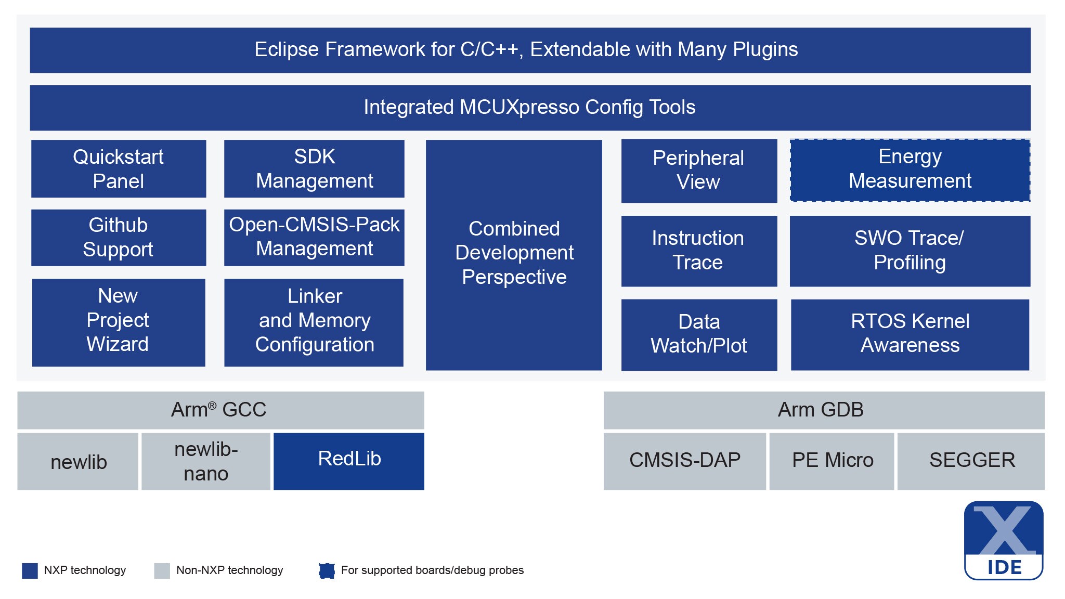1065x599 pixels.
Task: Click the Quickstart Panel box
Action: pyautogui.click(x=119, y=168)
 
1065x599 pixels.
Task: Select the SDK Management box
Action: pyautogui.click(x=314, y=168)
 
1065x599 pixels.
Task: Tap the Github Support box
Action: pyautogui.click(x=119, y=238)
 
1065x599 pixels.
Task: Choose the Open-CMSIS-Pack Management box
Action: pyautogui.click(x=314, y=238)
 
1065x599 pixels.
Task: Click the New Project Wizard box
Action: pyautogui.click(x=119, y=322)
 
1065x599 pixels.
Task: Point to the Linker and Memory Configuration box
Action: pyautogui.click(x=314, y=322)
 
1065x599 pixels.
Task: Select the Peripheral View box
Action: pyautogui.click(x=699, y=171)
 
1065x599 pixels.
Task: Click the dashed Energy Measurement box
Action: pyautogui.click(x=910, y=170)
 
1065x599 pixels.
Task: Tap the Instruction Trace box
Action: pyautogui.click(x=699, y=251)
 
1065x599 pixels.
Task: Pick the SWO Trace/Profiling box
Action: pyautogui.click(x=910, y=251)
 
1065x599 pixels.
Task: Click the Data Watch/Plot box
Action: pyautogui.click(x=699, y=334)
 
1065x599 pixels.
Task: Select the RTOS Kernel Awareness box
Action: pyautogui.click(x=910, y=334)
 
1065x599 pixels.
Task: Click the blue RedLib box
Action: pyautogui.click(x=349, y=461)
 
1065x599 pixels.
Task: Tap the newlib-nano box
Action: pyautogui.click(x=206, y=461)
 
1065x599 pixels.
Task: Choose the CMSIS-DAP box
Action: pyautogui.click(x=684, y=461)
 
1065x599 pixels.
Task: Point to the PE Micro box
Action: pyautogui.click(x=832, y=461)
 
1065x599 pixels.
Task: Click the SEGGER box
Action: pyautogui.click(x=971, y=461)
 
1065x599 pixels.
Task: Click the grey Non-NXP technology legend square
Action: pyautogui.click(x=162, y=570)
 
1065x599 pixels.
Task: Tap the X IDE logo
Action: pyautogui.click(x=1004, y=540)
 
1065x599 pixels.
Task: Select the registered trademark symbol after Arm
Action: pyautogui.click(x=212, y=406)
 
